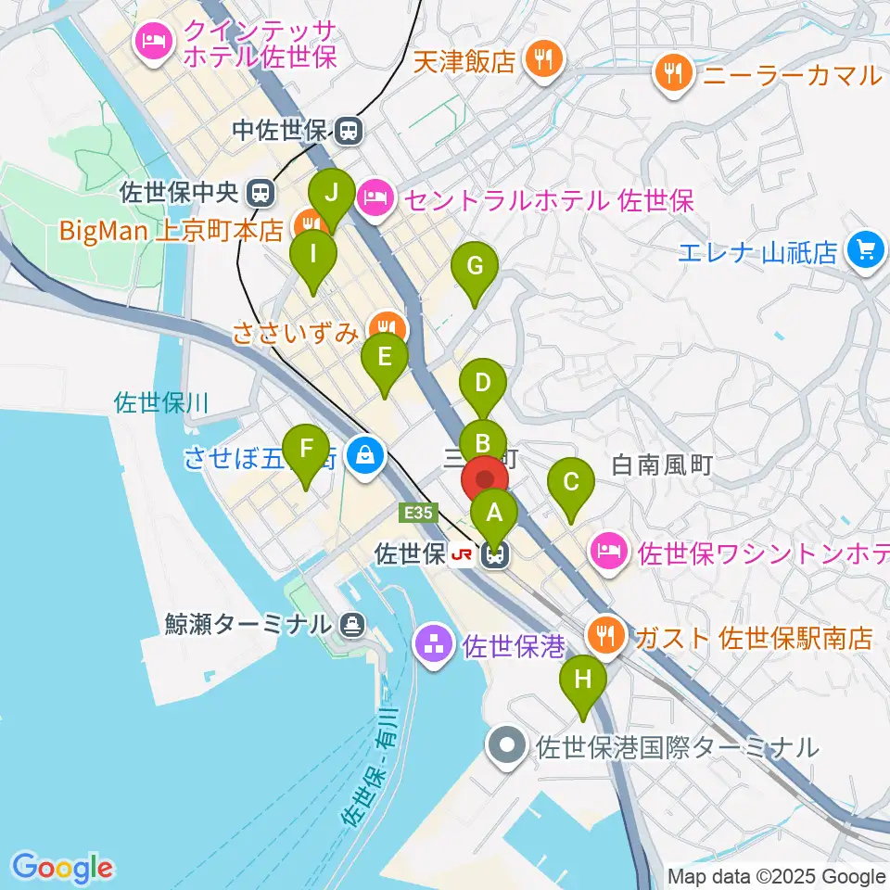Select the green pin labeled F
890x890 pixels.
click(306, 451)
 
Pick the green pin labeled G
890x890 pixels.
click(475, 268)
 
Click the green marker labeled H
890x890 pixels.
click(582, 680)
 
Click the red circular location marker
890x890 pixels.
click(485, 479)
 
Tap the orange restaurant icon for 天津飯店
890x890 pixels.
click(540, 61)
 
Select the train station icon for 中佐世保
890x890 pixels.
click(349, 131)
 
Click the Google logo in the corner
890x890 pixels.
click(62, 868)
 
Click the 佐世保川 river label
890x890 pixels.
click(162, 402)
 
